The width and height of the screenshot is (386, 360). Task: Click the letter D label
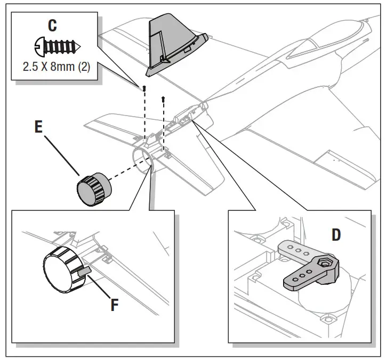pos(336,234)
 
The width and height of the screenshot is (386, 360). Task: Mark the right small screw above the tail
pos(163,98)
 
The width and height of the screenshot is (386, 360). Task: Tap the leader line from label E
pos(61,155)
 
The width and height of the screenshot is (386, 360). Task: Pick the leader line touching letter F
pos(101,288)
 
